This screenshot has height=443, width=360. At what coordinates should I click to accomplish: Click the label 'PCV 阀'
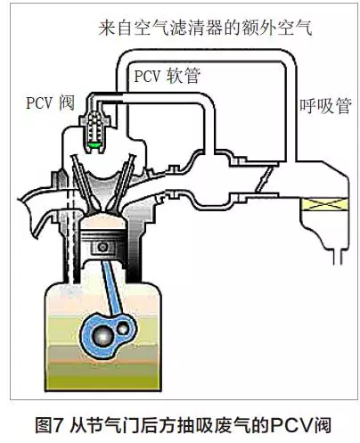(50, 103)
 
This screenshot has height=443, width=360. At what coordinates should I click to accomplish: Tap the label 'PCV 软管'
(168, 76)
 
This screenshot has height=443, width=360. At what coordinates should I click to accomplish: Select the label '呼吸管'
(325, 105)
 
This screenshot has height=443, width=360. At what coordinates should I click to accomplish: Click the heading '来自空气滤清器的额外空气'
(205, 28)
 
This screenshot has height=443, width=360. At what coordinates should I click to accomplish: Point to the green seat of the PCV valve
(95, 144)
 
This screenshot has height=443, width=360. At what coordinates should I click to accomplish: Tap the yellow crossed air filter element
(323, 204)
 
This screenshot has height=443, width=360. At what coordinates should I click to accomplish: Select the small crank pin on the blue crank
(123, 329)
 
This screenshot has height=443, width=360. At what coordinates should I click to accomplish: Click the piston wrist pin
(102, 247)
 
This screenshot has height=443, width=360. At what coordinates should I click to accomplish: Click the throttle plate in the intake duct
(263, 179)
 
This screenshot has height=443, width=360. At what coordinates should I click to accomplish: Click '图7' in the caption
(48, 425)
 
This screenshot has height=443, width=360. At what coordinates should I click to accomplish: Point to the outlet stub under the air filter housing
(339, 256)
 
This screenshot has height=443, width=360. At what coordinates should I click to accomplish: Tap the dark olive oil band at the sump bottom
(102, 376)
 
